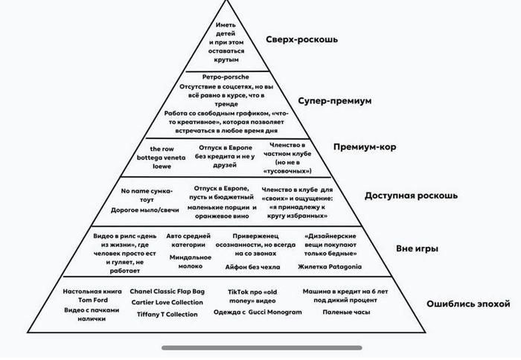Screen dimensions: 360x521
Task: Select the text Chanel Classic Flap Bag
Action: click(167, 291)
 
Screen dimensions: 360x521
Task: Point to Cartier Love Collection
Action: click(167, 302)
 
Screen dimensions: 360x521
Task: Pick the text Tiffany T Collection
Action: click(167, 314)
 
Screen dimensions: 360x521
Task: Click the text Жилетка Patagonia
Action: click(330, 266)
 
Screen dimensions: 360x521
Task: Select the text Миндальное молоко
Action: click(185, 262)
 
